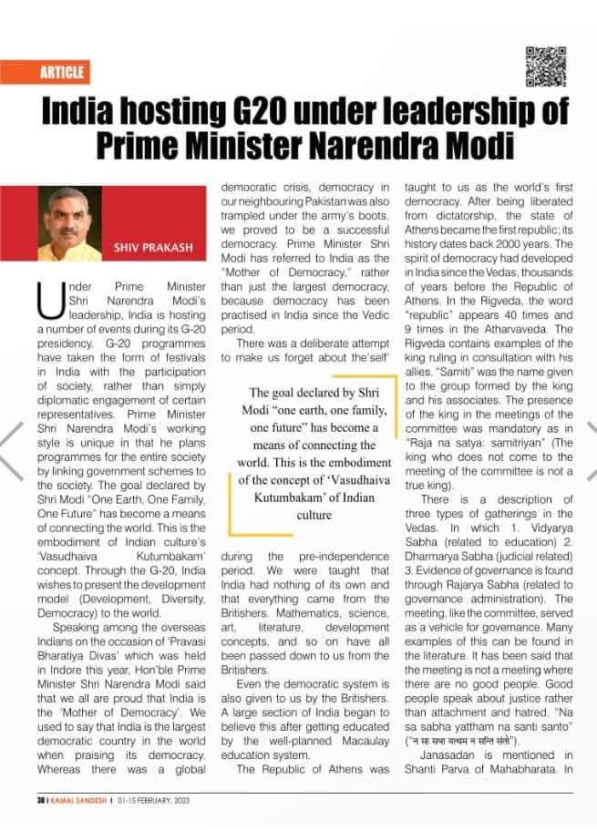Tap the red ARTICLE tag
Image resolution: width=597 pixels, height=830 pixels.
[x=62, y=72]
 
